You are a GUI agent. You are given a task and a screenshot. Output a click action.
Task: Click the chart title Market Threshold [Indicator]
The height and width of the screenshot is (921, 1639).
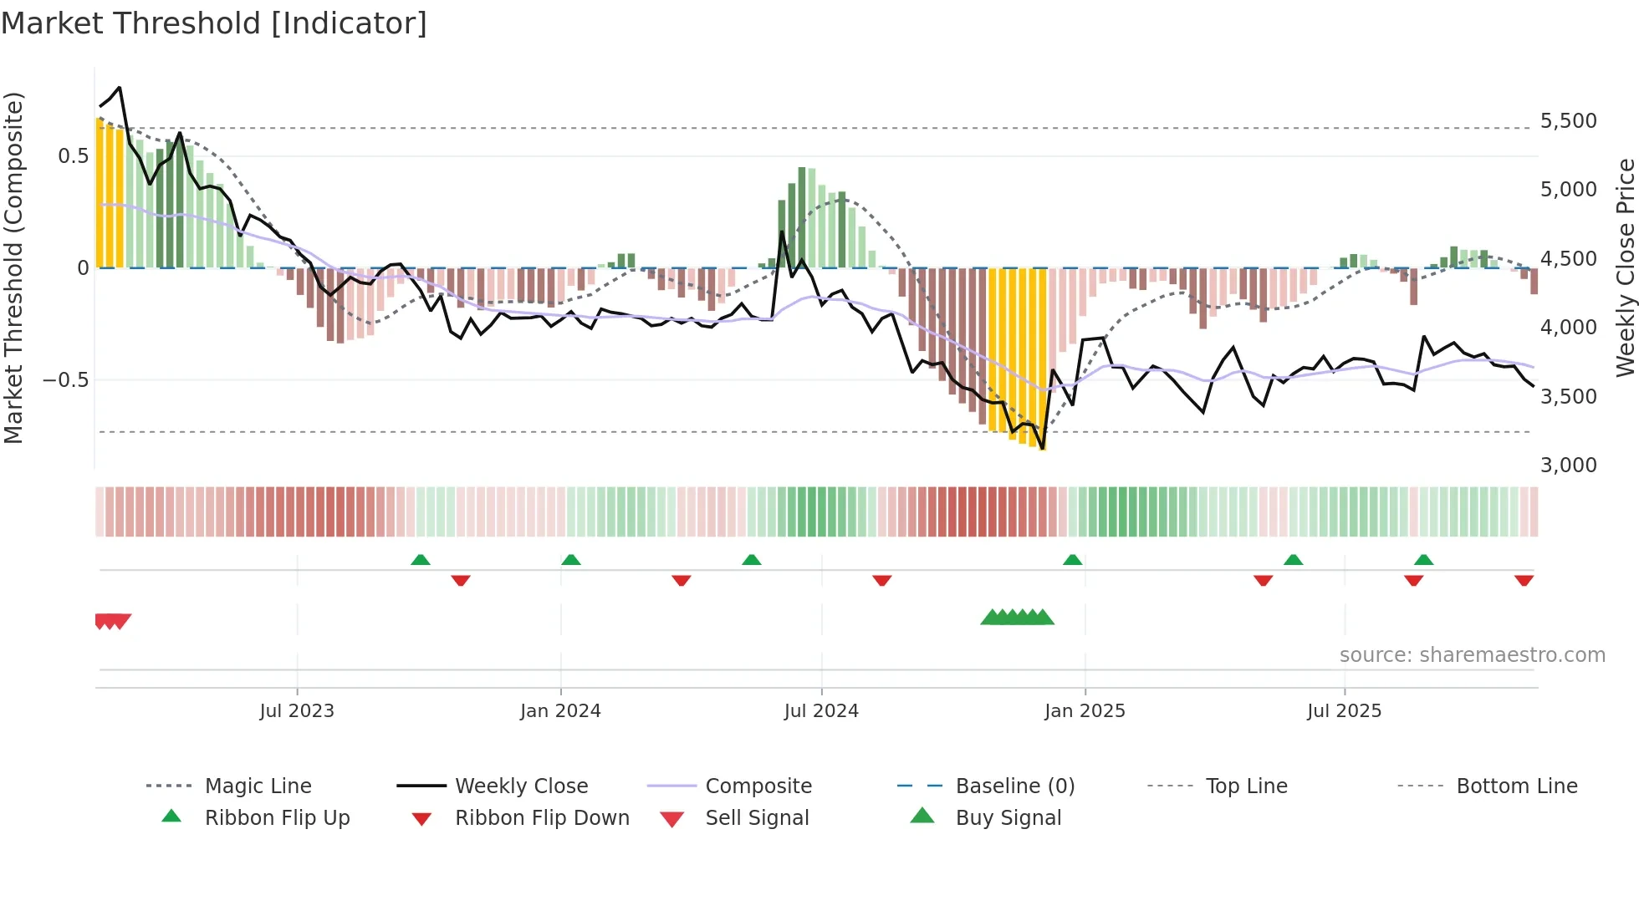click(x=214, y=23)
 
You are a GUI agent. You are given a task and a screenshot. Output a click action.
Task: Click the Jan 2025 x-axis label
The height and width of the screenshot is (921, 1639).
click(x=1085, y=711)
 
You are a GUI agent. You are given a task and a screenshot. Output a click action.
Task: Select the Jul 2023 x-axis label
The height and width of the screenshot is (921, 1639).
click(x=297, y=711)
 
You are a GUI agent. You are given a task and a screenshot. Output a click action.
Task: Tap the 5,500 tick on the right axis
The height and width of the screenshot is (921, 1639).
click(x=1568, y=121)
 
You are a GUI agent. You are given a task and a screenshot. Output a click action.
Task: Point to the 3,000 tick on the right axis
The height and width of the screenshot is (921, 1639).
click(x=1568, y=466)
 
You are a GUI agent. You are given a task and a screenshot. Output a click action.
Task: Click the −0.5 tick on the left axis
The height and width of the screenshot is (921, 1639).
click(x=66, y=380)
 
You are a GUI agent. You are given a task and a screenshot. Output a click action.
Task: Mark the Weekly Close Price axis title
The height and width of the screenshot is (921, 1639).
click(x=1625, y=267)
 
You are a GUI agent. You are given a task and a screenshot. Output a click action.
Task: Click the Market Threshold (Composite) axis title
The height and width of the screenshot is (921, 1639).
click(x=13, y=267)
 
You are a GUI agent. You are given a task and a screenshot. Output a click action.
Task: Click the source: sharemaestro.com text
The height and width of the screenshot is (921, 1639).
click(x=1472, y=655)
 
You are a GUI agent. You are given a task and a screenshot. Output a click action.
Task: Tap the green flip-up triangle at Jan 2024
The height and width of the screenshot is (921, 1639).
click(x=571, y=560)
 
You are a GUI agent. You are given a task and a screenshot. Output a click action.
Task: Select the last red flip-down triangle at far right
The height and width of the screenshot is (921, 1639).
click(x=1524, y=580)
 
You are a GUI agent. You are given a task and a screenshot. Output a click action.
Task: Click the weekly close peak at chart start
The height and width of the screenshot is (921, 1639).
click(x=120, y=88)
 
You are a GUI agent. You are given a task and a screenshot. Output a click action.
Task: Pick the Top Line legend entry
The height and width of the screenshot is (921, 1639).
click(x=1246, y=786)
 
